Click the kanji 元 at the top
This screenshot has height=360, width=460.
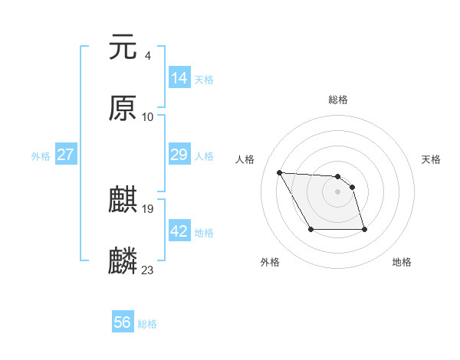(123, 47)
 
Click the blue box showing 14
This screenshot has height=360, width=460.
(179, 78)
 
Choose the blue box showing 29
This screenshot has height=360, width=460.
(179, 155)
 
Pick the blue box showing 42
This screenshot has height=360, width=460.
(179, 231)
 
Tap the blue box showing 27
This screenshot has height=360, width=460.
(66, 155)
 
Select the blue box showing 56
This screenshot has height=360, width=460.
(123, 323)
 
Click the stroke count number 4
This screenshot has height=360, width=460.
(147, 55)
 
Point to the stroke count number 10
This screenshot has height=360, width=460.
(148, 116)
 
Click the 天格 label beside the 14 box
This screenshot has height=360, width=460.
(204, 80)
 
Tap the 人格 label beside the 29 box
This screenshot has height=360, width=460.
(204, 156)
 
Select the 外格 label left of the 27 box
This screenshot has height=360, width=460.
(41, 156)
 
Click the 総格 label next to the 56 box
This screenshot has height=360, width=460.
(147, 325)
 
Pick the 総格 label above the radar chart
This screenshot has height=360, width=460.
(338, 100)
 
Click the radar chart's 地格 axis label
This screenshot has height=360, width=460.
(402, 263)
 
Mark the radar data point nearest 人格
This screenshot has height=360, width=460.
(280, 172)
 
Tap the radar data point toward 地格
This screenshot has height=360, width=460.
(364, 229)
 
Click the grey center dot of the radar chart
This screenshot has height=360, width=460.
(338, 191)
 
